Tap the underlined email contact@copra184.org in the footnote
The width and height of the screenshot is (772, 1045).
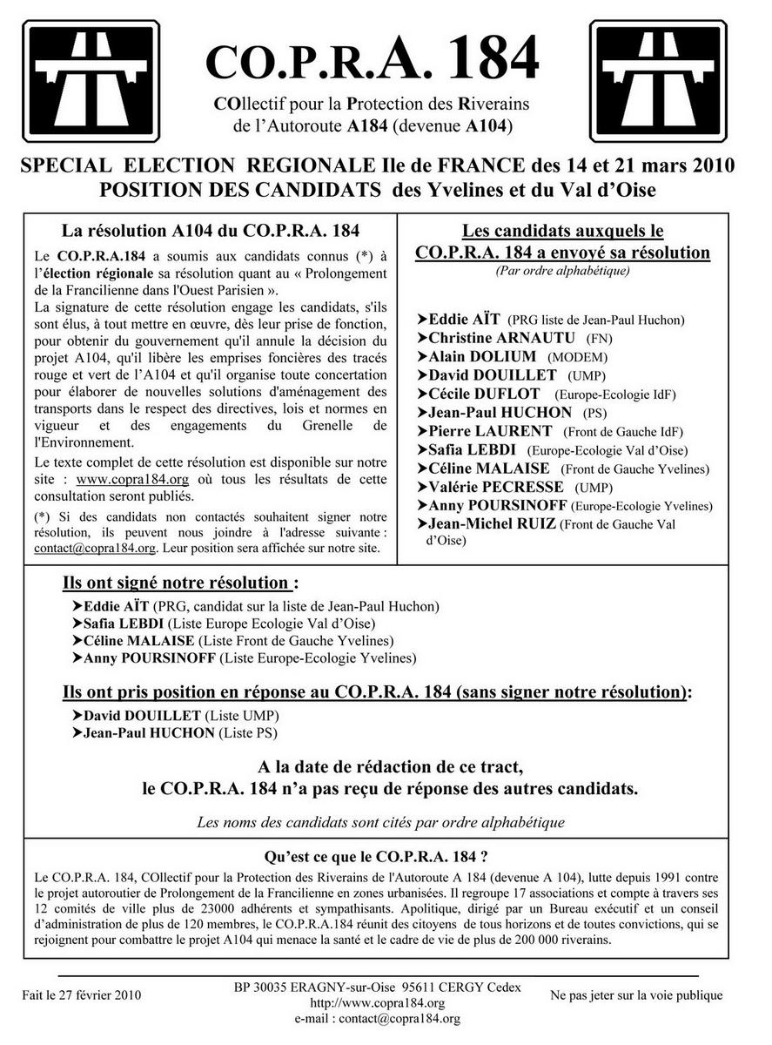point(95,549)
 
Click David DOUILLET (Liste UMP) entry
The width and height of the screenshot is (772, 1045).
point(184,716)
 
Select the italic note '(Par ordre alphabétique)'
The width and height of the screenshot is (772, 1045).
point(562,271)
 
